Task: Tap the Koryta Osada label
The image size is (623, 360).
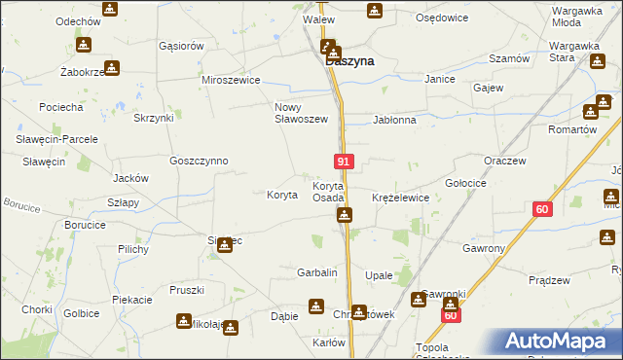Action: point(328,192)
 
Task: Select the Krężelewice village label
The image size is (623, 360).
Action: point(400,198)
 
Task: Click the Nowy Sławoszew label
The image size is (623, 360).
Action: point(301,113)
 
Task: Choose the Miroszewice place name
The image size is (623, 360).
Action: point(231,80)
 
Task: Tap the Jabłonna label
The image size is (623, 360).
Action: point(394,121)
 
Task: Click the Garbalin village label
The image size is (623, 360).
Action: point(316,273)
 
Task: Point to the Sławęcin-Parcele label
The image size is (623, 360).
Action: point(56,139)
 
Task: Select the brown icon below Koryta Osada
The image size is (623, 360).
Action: point(344,215)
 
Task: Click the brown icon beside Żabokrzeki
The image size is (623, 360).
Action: point(112,67)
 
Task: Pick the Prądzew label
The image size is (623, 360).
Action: point(548,280)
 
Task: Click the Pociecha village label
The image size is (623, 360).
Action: point(61,106)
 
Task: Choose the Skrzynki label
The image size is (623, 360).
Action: point(154,118)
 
